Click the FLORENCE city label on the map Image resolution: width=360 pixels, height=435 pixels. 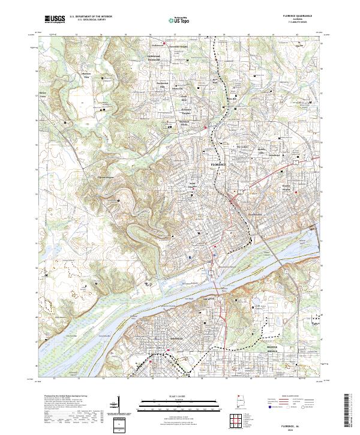point(220,164)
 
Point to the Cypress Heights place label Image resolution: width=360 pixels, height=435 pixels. point(104,177)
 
